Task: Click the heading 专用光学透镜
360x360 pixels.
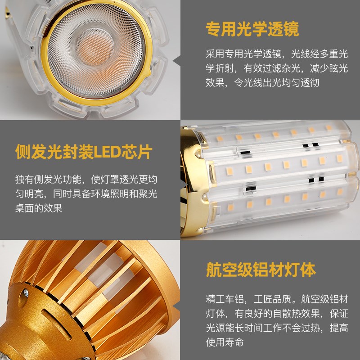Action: point(252,30)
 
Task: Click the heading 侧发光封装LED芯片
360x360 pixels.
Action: point(83,152)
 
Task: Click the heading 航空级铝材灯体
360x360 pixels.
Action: point(261,270)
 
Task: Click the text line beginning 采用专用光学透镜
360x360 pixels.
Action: point(276,54)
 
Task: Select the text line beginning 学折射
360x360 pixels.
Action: point(276,68)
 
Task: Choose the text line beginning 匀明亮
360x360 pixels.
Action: point(86,194)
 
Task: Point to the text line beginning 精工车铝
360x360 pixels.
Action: point(276,299)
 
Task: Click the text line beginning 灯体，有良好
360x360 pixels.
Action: point(276,313)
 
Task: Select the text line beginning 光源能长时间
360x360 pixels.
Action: point(276,328)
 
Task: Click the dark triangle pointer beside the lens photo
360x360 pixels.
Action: point(176,60)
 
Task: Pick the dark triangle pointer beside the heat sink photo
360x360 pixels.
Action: point(176,300)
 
